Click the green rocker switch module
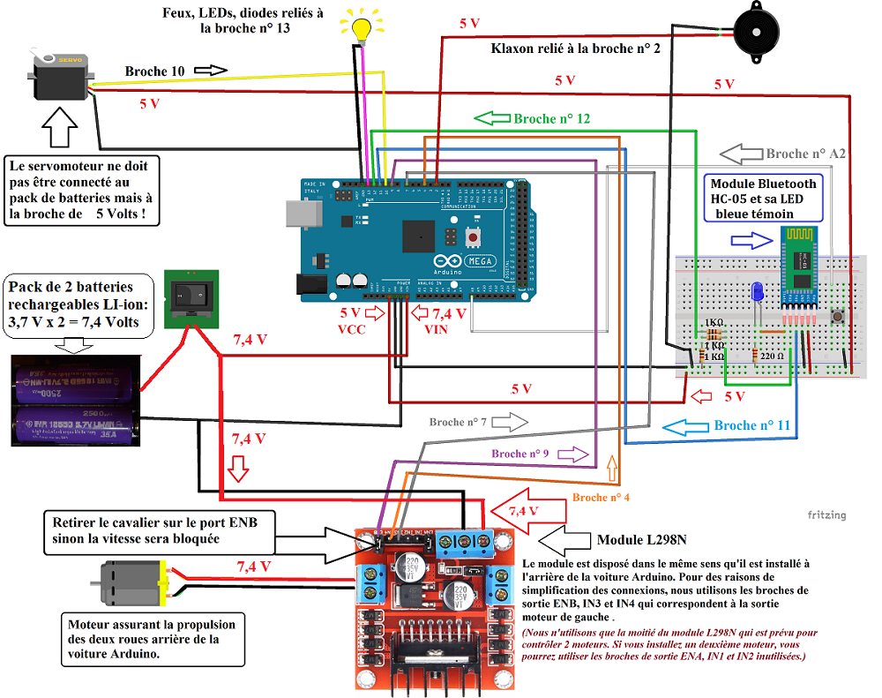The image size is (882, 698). [x=191, y=297]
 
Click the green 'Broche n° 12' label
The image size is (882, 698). [x=552, y=118]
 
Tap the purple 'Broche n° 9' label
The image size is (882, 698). [x=520, y=454]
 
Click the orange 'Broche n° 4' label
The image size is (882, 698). [x=602, y=498]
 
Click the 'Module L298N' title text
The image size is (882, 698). [x=643, y=539]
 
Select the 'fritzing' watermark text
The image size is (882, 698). [x=826, y=514]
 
